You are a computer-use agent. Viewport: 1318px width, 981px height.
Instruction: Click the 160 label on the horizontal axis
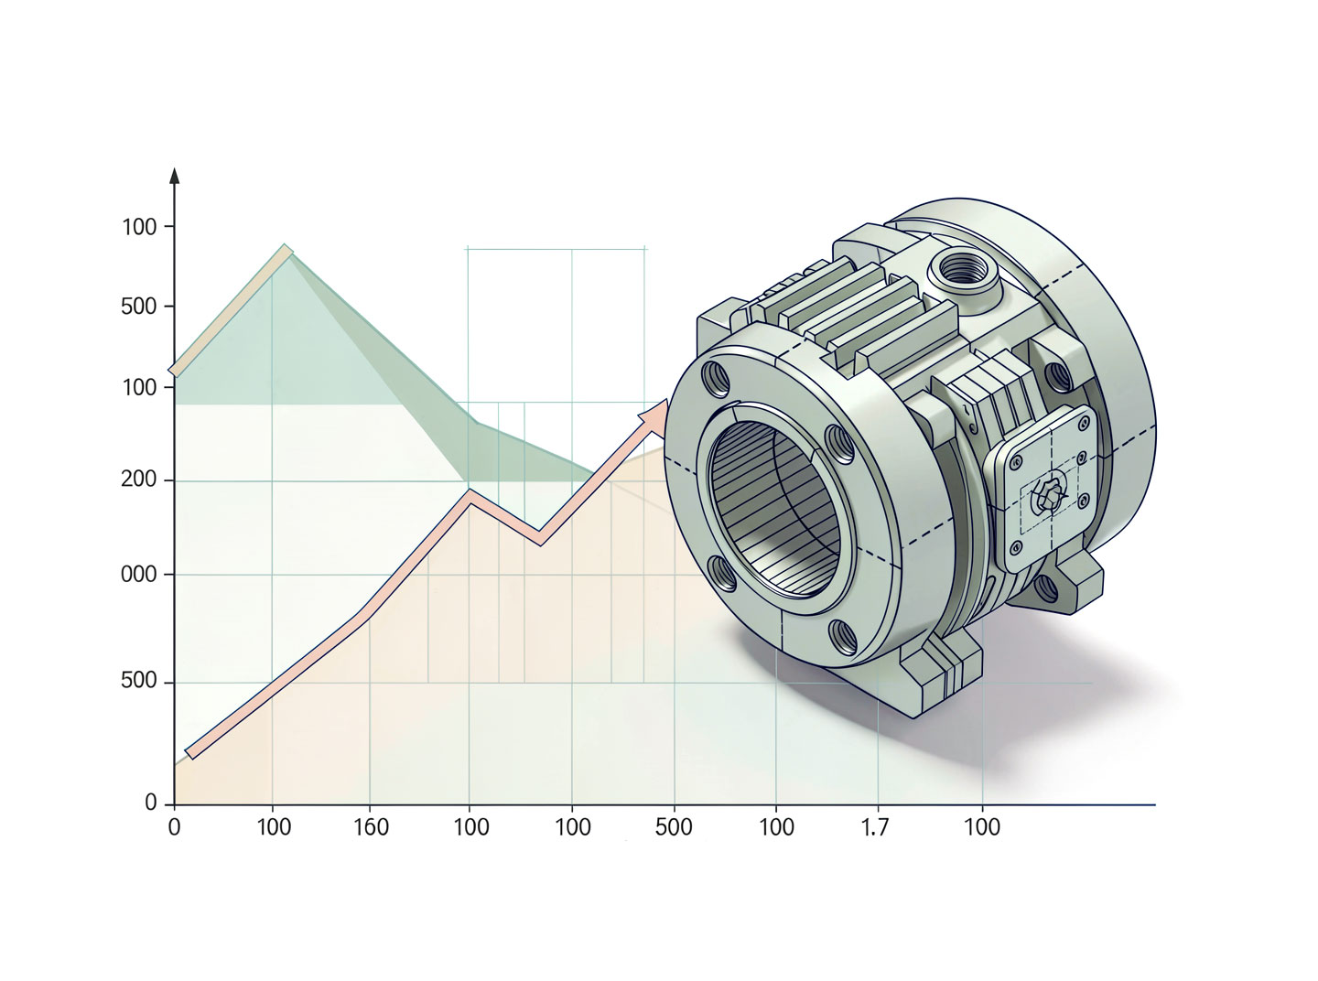[371, 827]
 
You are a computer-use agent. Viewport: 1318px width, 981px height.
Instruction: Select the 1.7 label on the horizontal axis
[875, 827]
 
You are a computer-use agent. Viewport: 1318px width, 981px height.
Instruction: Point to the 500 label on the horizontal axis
[674, 827]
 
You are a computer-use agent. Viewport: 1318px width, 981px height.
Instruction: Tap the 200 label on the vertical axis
[138, 479]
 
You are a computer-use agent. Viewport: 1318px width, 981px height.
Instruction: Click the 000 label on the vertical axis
[138, 575]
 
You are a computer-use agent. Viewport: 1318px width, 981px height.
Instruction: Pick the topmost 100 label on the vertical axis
[139, 227]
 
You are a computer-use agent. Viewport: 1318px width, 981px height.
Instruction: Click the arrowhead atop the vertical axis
[174, 176]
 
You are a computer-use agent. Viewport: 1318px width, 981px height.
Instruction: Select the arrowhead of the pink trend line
[654, 413]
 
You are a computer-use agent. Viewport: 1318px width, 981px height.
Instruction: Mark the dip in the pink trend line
[540, 539]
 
